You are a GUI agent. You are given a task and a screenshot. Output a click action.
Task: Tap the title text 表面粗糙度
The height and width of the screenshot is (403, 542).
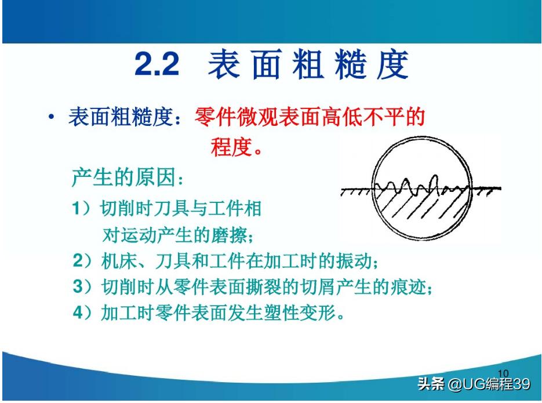click(308, 66)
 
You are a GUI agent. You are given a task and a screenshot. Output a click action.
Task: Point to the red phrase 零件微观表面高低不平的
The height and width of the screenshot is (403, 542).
click(310, 118)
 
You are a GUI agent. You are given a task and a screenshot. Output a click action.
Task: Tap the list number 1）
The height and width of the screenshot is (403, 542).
click(83, 209)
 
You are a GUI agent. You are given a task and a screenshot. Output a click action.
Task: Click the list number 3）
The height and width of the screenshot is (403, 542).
click(83, 287)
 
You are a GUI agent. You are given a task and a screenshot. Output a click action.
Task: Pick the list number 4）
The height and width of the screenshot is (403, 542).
click(83, 313)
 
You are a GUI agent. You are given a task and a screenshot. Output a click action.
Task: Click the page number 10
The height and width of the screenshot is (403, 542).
click(503, 373)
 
